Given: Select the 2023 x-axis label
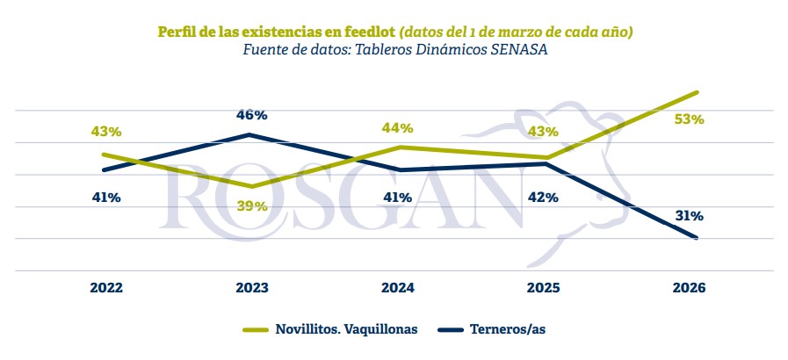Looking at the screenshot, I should [x=252, y=288].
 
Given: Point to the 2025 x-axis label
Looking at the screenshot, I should [x=544, y=288].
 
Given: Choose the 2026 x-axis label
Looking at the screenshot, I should [x=690, y=288].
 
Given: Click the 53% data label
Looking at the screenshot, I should [x=690, y=120].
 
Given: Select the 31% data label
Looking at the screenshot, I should [x=689, y=215].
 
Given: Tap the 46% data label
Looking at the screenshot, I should [x=252, y=115].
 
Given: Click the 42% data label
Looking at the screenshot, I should [x=544, y=198].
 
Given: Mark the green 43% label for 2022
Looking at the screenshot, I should [x=105, y=132].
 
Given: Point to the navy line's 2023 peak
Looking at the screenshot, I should [x=251, y=134].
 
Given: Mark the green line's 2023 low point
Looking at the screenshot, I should [x=252, y=186].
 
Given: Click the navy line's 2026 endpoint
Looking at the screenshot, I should [x=697, y=237].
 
